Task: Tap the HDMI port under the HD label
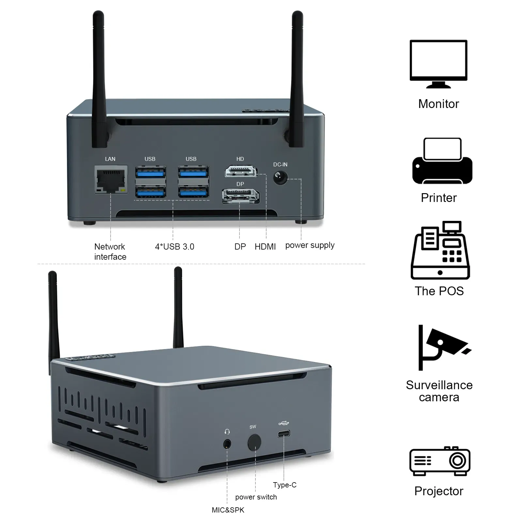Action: tap(241, 171)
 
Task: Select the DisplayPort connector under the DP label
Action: tap(240, 196)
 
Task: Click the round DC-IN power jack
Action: tap(280, 177)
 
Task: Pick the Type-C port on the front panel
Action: tap(284, 434)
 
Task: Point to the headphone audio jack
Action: tap(227, 444)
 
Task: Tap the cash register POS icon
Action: tap(440, 250)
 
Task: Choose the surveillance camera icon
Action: tap(440, 347)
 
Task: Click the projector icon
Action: tap(439, 461)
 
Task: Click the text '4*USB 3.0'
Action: tap(175, 247)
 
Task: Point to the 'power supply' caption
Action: tap(310, 245)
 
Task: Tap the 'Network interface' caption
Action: tap(110, 252)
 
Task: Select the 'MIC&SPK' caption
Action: tap(228, 510)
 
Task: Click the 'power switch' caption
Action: tap(256, 497)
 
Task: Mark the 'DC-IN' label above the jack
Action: tap(280, 164)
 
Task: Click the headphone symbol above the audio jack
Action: tap(227, 432)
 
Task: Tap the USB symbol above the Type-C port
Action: tap(284, 423)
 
